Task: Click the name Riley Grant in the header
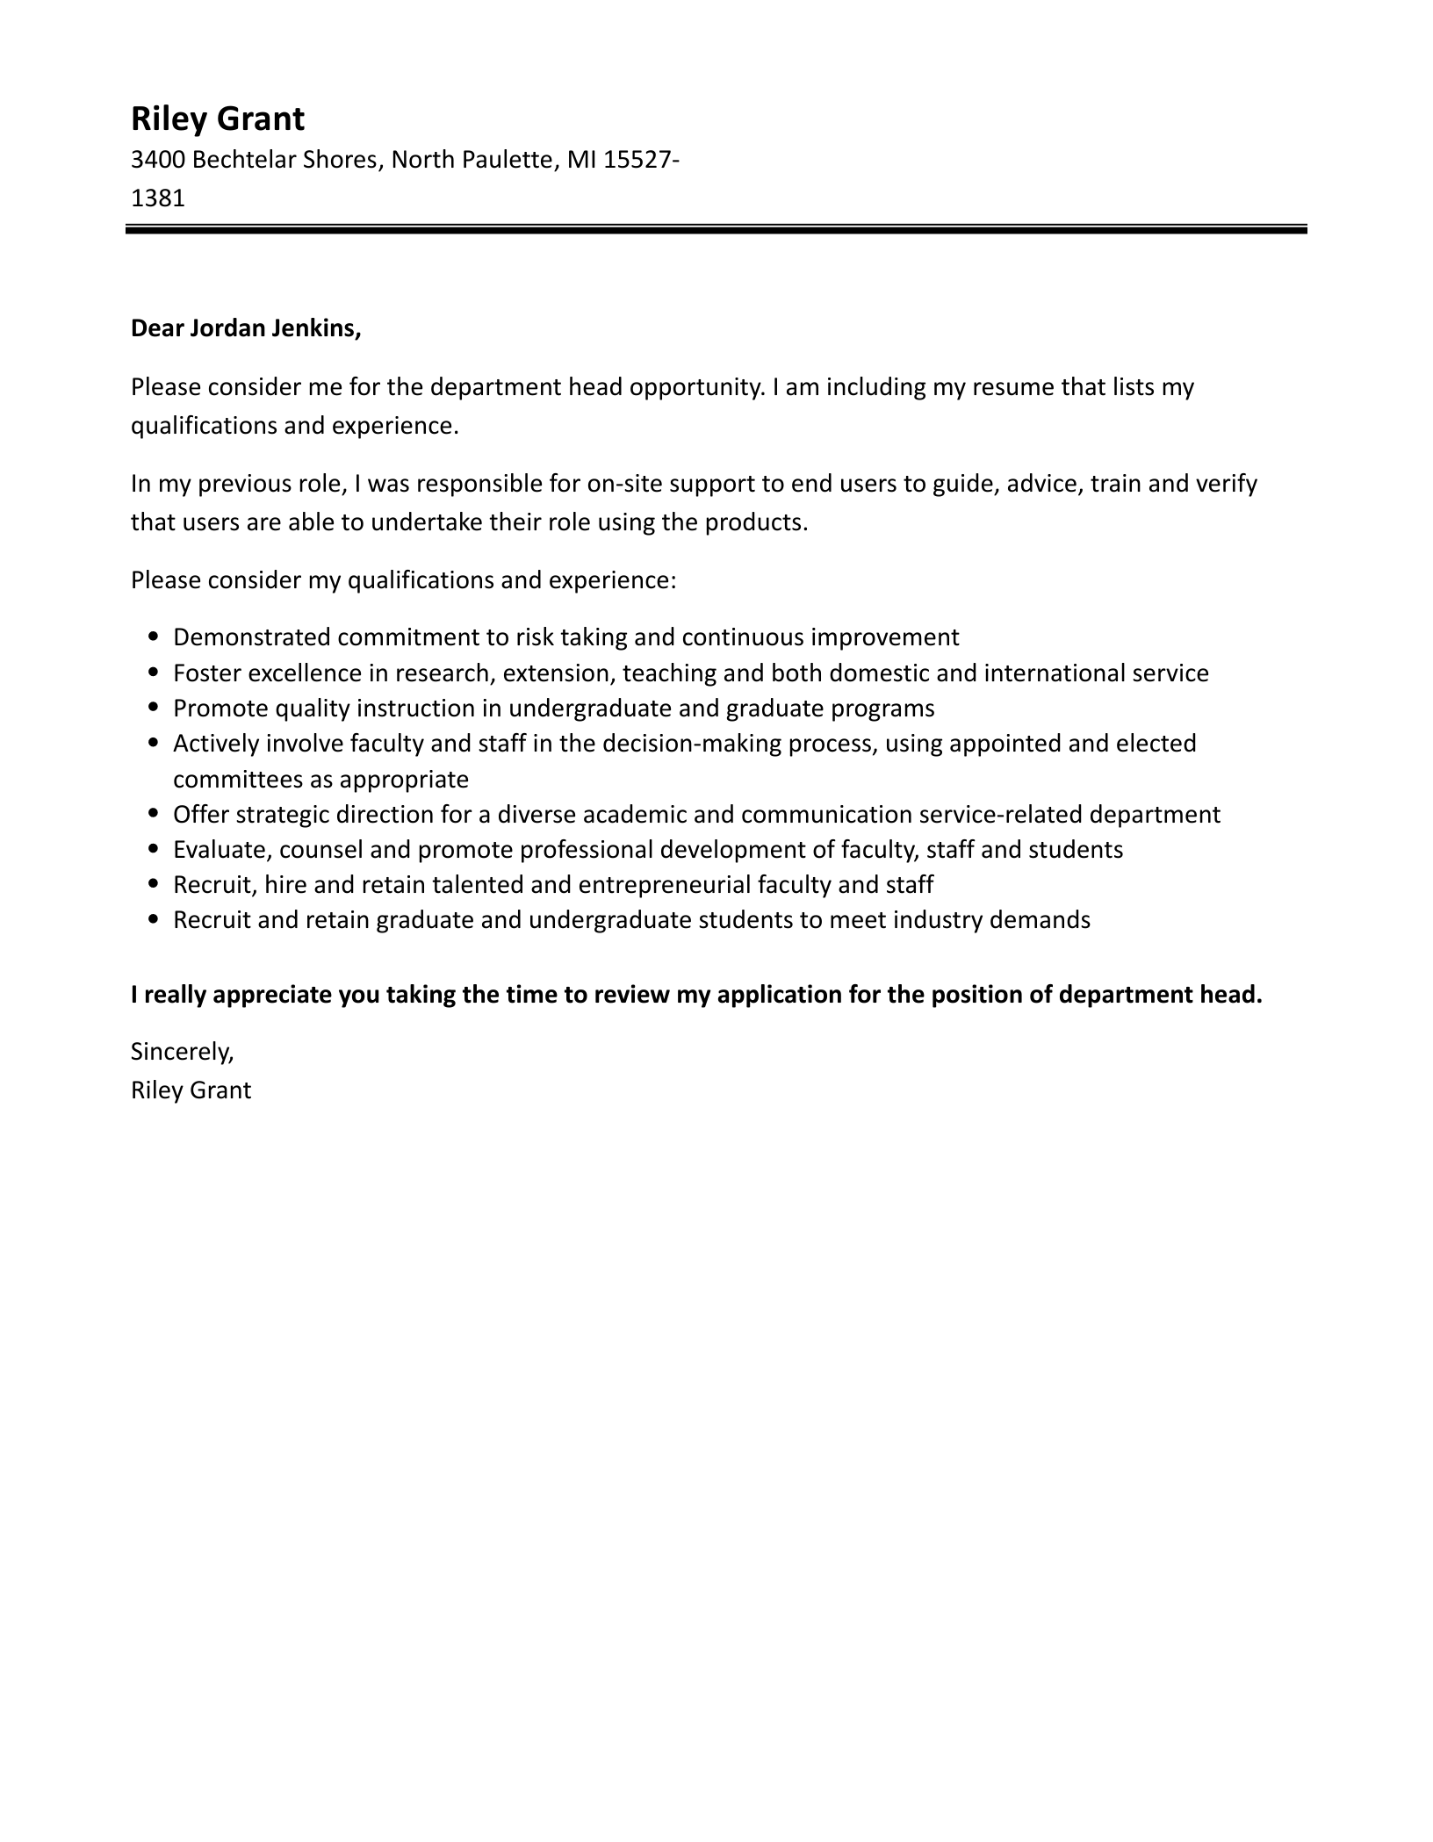click(217, 119)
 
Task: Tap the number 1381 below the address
click(157, 198)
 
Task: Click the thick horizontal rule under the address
click(716, 230)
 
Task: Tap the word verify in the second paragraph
click(1227, 484)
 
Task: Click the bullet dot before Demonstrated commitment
click(155, 637)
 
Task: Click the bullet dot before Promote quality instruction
click(155, 708)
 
